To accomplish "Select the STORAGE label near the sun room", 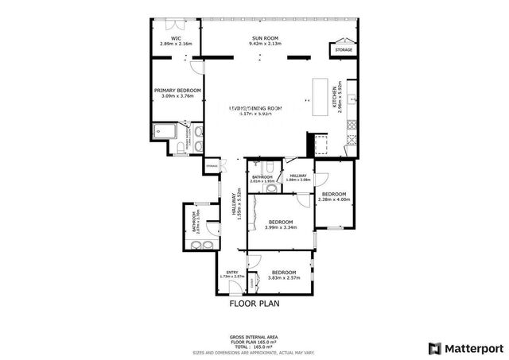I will tap(344, 51).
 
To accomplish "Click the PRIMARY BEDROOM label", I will tap(177, 91).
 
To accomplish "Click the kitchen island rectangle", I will tap(321, 95).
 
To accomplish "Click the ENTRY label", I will tap(232, 273).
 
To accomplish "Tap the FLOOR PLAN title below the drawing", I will tap(254, 304).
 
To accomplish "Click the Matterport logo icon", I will tap(433, 347).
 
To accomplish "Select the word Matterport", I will tap(472, 347).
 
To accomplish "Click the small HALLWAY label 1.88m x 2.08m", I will tap(298, 180).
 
